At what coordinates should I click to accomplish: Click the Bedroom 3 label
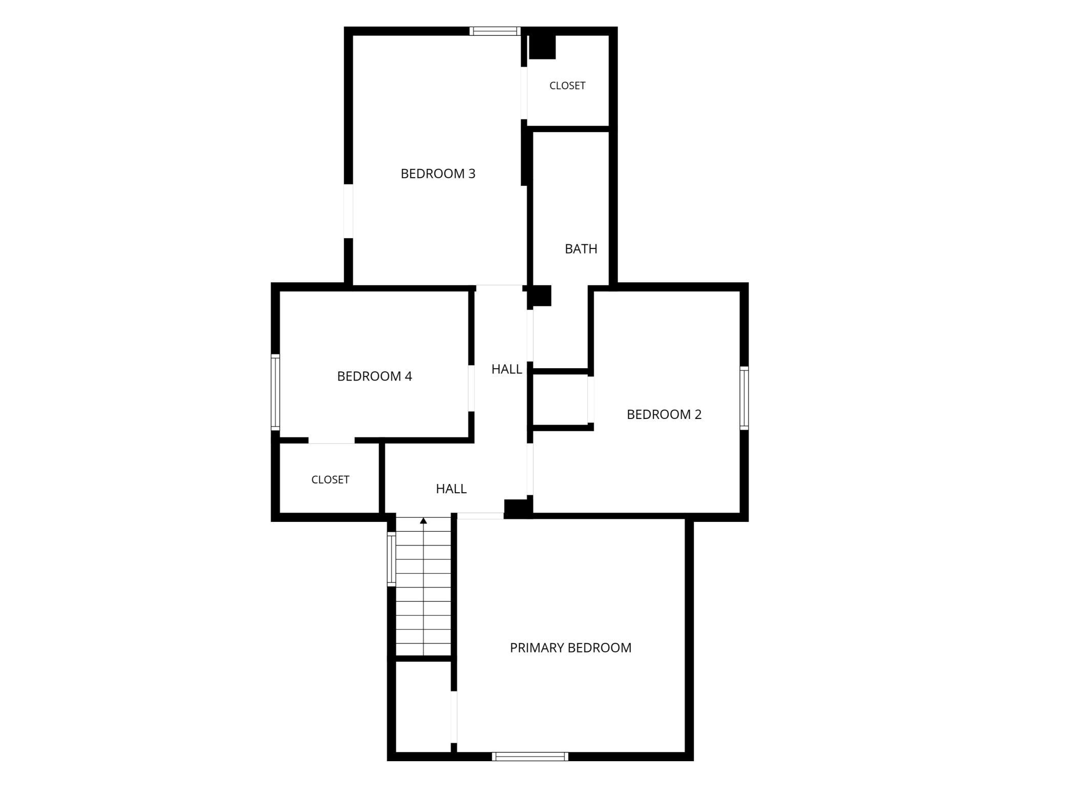coord(438,174)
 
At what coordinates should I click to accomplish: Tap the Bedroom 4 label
coord(374,376)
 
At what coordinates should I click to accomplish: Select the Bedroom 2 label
coord(664,414)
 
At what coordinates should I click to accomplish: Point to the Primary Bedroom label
coord(570,647)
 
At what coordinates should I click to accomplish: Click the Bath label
coord(581,249)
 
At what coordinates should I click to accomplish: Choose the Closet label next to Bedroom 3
coord(567,86)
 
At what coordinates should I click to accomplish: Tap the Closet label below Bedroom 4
coord(330,479)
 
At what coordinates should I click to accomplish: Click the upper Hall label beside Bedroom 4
coord(507,369)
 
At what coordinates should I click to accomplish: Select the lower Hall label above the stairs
coord(451,489)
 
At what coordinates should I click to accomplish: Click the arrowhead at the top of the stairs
coord(423,521)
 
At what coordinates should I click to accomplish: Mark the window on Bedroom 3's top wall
coord(495,31)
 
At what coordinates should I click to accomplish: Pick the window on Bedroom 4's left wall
coord(275,392)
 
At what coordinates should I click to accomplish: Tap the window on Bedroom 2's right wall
coord(744,398)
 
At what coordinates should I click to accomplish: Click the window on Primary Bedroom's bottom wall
coord(530,757)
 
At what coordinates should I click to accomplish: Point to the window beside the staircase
coord(392,559)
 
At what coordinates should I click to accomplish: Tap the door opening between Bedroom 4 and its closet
coord(332,441)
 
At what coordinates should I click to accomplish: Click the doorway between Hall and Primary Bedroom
coord(480,516)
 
